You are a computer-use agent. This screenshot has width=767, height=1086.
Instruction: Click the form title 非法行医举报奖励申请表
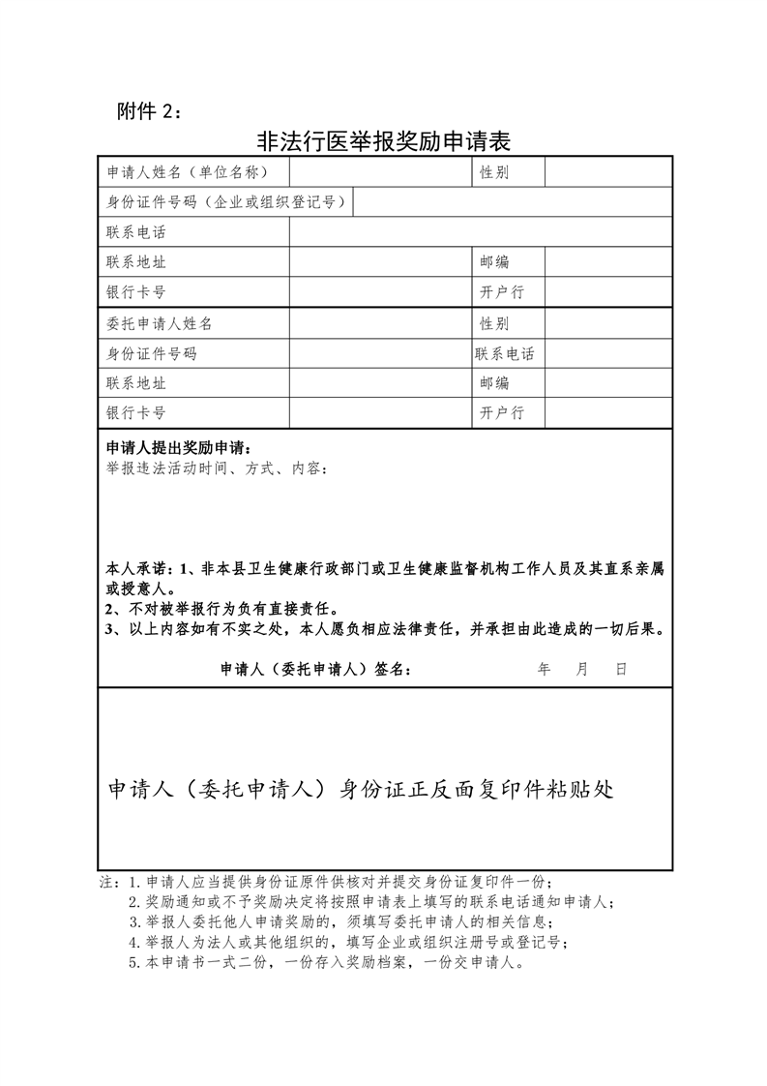(383, 141)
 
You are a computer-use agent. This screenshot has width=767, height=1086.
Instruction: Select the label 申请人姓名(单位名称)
(185, 172)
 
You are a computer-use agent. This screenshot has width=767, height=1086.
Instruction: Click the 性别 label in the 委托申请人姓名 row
(494, 323)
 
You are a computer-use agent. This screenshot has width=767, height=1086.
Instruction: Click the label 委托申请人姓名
(159, 323)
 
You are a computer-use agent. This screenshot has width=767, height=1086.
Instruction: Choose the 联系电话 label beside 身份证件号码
(504, 353)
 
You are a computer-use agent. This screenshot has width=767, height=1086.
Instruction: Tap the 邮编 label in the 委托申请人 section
(494, 383)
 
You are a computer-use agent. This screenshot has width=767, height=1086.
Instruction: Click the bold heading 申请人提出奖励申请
(179, 448)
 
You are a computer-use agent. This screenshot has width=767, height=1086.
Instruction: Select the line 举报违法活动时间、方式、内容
(217, 468)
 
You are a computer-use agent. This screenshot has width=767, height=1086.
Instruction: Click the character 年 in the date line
(544, 669)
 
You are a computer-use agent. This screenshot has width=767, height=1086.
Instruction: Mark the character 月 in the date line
(582, 669)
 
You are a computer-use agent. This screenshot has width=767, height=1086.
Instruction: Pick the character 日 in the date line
(621, 669)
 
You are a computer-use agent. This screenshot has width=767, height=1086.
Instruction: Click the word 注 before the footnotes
(105, 882)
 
